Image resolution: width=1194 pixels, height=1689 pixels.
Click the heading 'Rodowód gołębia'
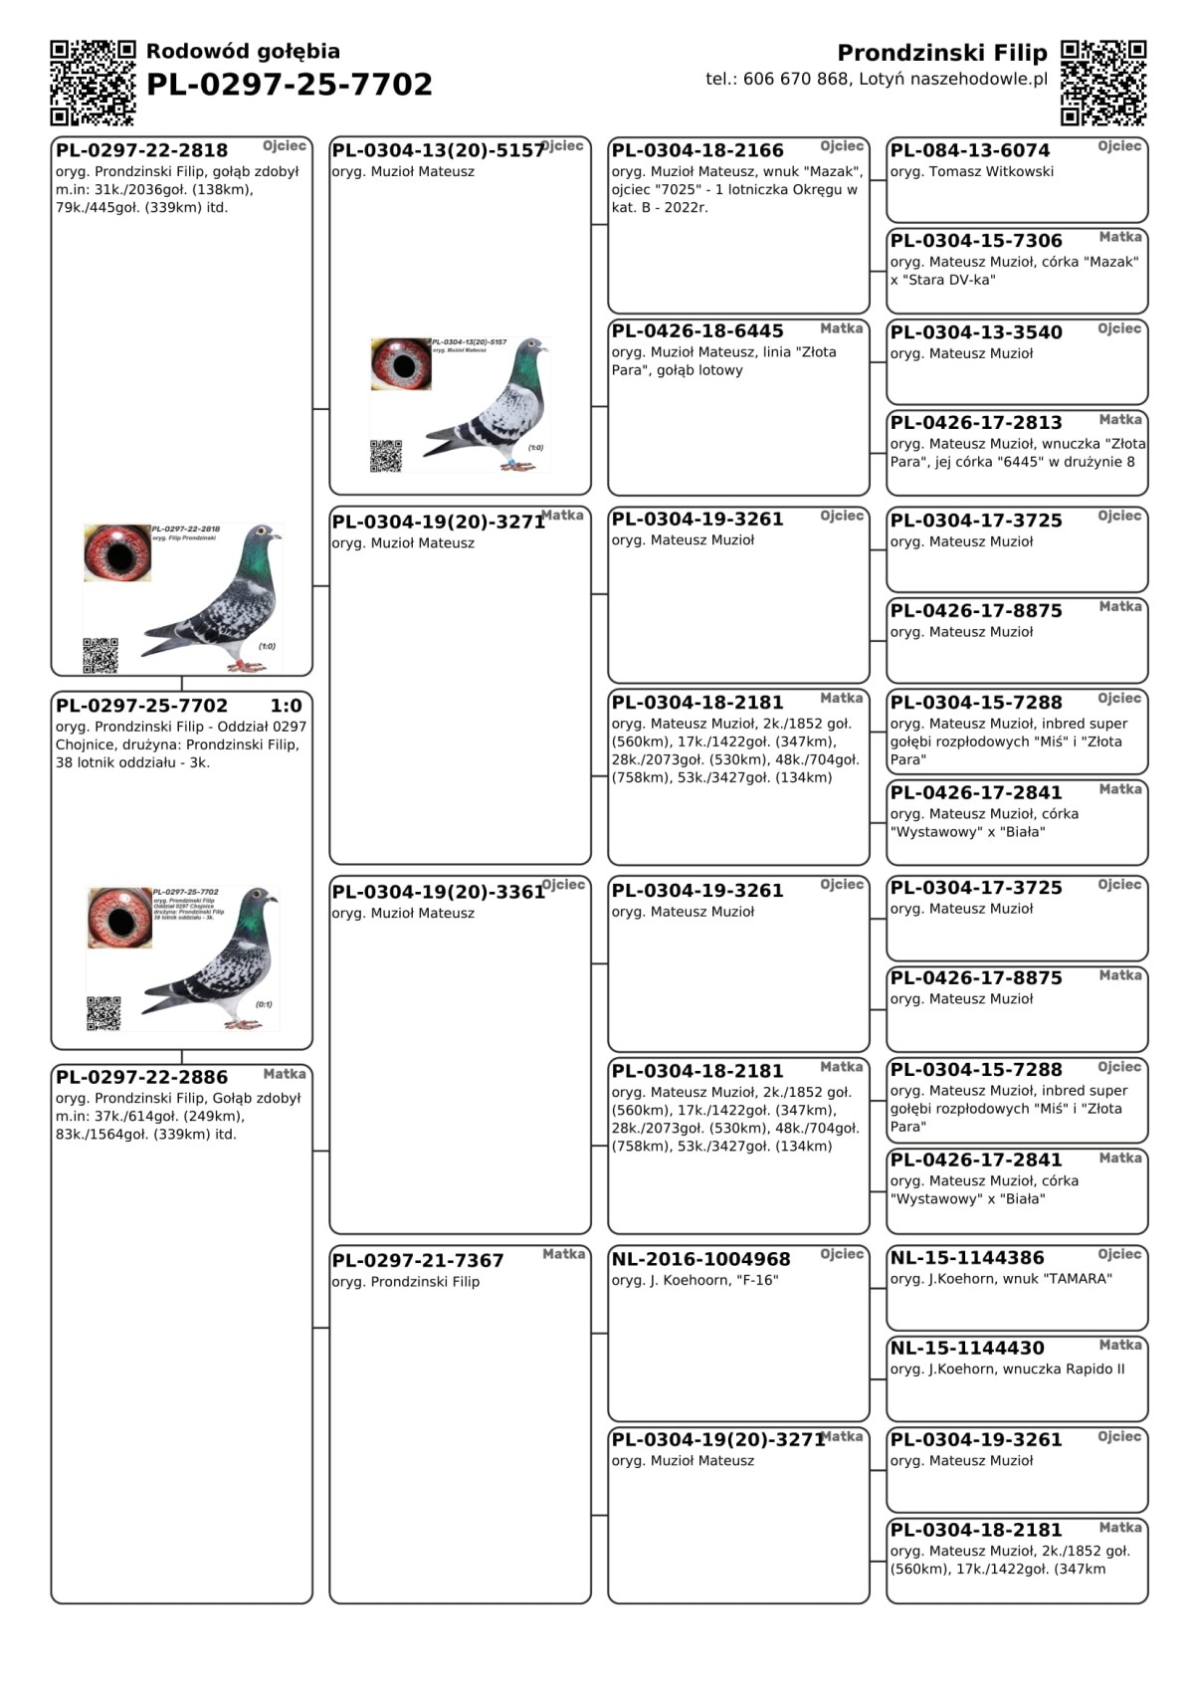[x=243, y=51]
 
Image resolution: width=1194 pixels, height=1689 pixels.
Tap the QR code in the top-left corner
[x=93, y=83]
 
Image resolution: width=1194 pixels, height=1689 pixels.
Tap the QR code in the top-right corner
[x=1102, y=83]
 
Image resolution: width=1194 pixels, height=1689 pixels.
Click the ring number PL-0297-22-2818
[x=141, y=150]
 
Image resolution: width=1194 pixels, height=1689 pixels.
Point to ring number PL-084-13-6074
[x=969, y=150]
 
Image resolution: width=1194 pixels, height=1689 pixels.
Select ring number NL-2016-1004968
[x=700, y=1259]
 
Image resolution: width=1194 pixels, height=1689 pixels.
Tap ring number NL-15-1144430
[x=967, y=1349]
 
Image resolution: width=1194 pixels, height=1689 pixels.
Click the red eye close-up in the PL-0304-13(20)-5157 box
[x=401, y=364]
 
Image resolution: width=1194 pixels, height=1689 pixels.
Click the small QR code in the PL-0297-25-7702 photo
[x=103, y=1013]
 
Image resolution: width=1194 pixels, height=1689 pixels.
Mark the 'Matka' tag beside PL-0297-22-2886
[x=285, y=1074]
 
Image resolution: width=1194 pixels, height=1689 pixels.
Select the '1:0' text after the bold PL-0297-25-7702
[x=286, y=706]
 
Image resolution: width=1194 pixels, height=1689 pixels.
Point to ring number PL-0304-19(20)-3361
[x=438, y=892]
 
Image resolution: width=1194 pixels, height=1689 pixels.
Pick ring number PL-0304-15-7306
[x=975, y=241]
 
